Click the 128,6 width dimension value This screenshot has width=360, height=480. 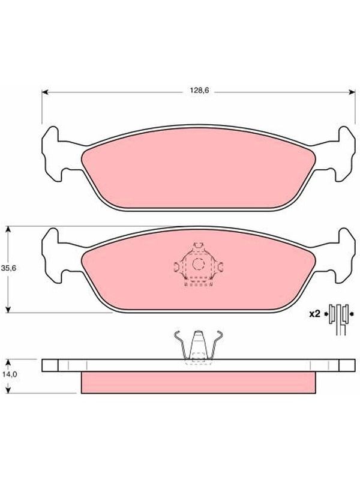click(198, 91)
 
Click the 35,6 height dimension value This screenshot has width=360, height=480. click(8, 268)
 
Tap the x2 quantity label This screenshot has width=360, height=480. click(314, 314)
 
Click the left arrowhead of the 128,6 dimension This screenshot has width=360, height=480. click(45, 92)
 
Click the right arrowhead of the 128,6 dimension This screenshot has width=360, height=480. click(352, 92)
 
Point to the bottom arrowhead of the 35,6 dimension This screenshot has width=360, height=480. click(8, 310)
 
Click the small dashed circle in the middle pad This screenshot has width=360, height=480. click(199, 264)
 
